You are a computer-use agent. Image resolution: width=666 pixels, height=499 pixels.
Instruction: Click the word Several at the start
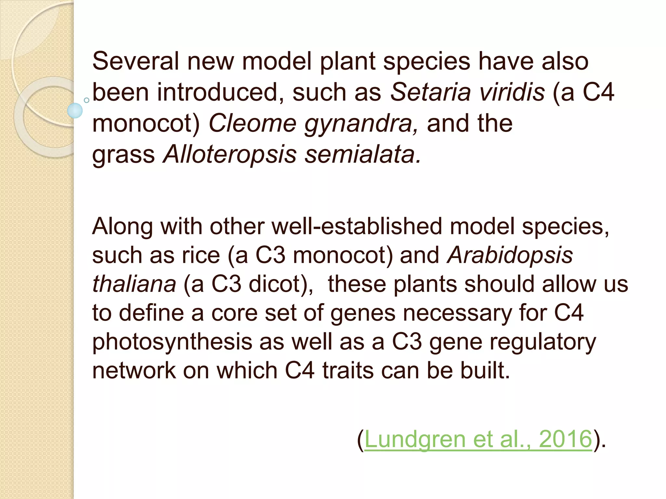(x=136, y=61)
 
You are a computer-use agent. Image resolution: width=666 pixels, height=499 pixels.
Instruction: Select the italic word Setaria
(x=430, y=92)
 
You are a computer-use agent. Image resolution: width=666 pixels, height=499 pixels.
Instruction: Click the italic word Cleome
(x=252, y=123)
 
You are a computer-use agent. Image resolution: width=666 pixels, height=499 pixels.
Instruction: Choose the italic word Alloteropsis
(x=230, y=154)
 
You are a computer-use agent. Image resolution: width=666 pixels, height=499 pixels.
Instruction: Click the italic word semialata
(x=363, y=154)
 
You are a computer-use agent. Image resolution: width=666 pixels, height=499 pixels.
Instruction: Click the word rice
(x=201, y=255)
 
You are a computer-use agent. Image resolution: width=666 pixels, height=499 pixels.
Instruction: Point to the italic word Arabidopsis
(x=510, y=255)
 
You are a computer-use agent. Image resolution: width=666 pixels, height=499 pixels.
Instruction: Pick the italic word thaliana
(x=134, y=284)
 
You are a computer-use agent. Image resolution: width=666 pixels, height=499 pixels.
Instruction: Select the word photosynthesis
(x=172, y=342)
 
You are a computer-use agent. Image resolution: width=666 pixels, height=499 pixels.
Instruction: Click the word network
(x=134, y=370)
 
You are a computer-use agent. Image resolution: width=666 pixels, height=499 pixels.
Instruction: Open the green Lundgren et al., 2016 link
(x=478, y=439)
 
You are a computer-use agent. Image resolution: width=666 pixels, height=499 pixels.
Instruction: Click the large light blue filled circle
(x=75, y=110)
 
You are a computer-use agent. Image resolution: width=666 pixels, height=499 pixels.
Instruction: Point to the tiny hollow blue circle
(x=87, y=100)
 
